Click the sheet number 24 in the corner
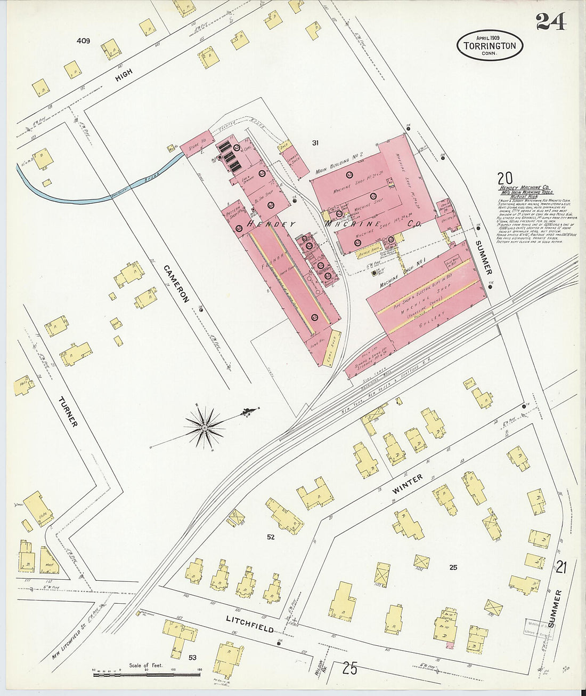550,21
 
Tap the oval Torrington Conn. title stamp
490,45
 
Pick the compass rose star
205,427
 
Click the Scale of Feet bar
146,674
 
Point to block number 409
83,41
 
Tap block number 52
271,537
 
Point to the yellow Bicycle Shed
369,249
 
